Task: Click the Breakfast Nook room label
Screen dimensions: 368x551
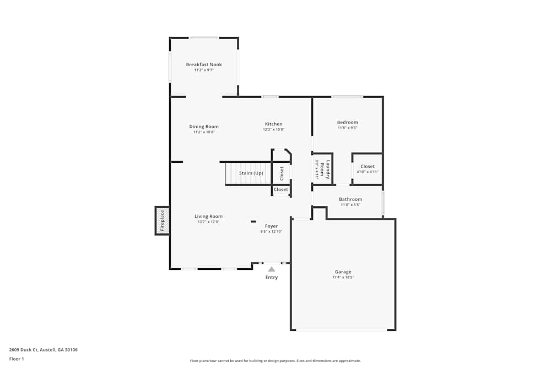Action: click(204, 65)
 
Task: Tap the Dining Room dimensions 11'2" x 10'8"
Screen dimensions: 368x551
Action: click(204, 132)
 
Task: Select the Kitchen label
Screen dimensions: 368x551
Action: click(274, 124)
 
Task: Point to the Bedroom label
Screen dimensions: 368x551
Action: click(348, 122)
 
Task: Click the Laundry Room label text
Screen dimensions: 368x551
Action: click(328, 169)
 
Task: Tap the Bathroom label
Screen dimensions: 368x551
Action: click(350, 199)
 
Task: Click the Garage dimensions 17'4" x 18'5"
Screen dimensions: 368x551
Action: click(343, 278)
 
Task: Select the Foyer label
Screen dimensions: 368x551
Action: click(271, 226)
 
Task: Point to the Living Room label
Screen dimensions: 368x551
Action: click(208, 216)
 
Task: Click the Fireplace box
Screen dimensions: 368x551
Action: click(162, 221)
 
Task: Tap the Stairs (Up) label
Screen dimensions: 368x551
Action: click(251, 173)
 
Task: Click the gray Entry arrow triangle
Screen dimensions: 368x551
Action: click(272, 269)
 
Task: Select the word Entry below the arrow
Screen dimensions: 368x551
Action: click(272, 278)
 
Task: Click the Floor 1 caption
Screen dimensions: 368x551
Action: click(17, 359)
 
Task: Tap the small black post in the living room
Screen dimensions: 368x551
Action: click(253, 222)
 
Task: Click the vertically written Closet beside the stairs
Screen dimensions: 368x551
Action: click(282, 173)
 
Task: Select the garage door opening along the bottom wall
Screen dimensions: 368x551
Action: click(342, 330)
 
